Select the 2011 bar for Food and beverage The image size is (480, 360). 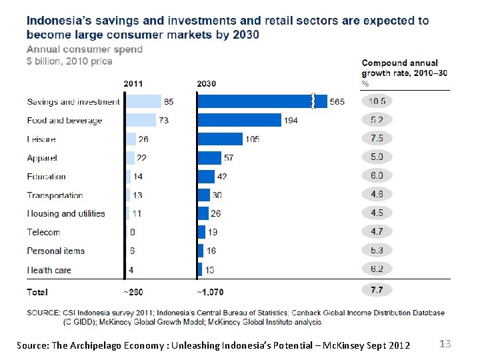[x=141, y=120]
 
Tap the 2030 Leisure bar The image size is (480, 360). [x=220, y=139]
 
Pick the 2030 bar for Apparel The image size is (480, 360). [x=209, y=157]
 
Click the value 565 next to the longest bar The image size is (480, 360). [x=337, y=102]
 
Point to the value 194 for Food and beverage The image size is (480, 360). [x=291, y=121]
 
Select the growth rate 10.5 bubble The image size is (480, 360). [x=377, y=101]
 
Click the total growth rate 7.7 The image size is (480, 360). [x=377, y=290]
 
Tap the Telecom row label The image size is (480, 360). [x=43, y=232]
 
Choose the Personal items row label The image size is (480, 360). [x=56, y=251]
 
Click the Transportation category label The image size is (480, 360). [x=55, y=195]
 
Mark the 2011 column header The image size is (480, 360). [x=133, y=83]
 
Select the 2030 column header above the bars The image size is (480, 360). [x=207, y=83]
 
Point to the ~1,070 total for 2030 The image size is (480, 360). [x=211, y=291]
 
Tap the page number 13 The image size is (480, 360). [x=445, y=343]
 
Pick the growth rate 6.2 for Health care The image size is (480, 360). [x=377, y=269]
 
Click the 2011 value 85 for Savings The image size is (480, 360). [x=169, y=102]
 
